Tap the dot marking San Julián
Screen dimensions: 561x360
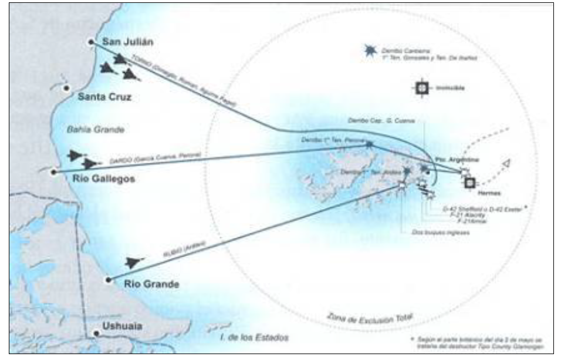[91, 42]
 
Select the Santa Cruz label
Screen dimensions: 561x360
[104, 97]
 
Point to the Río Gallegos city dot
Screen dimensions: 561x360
[53, 172]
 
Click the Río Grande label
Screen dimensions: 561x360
[151, 284]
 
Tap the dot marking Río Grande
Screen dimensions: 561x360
[108, 280]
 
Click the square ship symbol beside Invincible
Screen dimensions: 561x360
[421, 89]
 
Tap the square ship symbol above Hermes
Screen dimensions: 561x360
[469, 183]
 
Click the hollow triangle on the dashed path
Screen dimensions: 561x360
[506, 164]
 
